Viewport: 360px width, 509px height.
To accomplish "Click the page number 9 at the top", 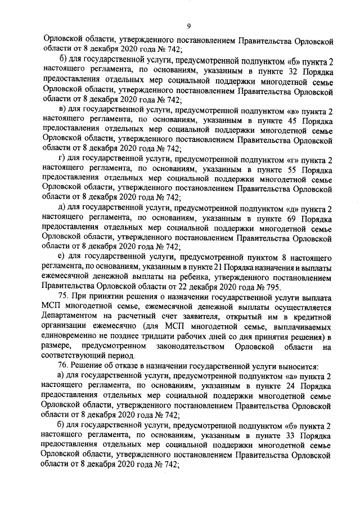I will pyautogui.click(x=190, y=25).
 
